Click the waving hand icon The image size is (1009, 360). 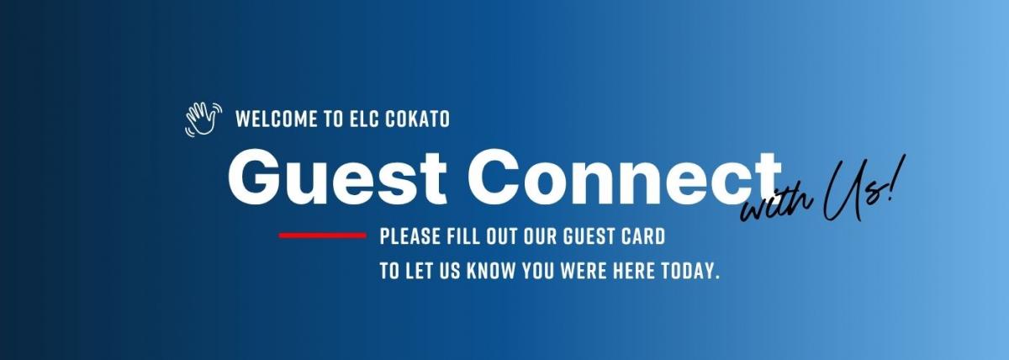(x=203, y=119)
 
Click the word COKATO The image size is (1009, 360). (x=418, y=119)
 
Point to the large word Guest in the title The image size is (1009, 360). (x=337, y=177)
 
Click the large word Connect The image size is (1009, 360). (x=624, y=177)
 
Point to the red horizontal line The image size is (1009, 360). (x=323, y=236)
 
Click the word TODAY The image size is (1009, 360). (x=687, y=271)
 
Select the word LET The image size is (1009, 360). (x=415, y=271)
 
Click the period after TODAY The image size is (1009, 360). (x=717, y=277)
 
